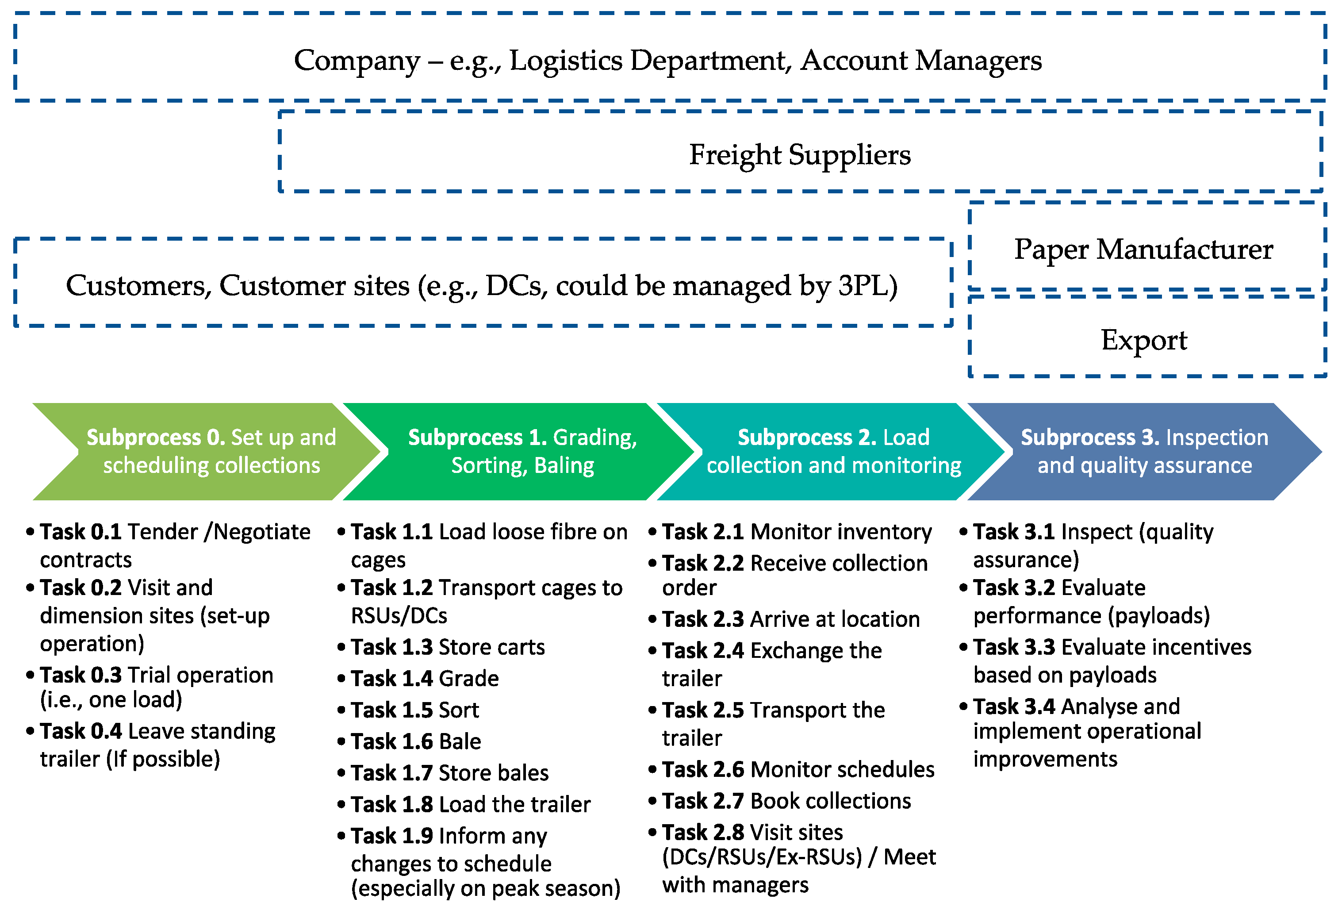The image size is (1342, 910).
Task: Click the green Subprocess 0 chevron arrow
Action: click(211, 451)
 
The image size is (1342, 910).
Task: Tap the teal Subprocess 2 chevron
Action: click(833, 451)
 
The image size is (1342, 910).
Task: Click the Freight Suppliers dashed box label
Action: click(799, 155)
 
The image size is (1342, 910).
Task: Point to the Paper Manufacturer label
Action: click(1143, 250)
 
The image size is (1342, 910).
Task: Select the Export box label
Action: click(1143, 339)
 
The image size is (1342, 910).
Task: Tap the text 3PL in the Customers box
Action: click(866, 285)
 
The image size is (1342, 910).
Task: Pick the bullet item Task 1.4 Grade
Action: click(425, 678)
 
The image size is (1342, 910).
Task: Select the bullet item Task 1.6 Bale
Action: click(416, 741)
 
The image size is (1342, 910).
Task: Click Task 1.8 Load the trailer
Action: click(470, 804)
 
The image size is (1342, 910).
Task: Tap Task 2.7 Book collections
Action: click(786, 801)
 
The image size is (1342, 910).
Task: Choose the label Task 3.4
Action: click(1014, 706)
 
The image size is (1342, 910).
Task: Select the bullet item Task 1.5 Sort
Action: click(414, 710)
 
